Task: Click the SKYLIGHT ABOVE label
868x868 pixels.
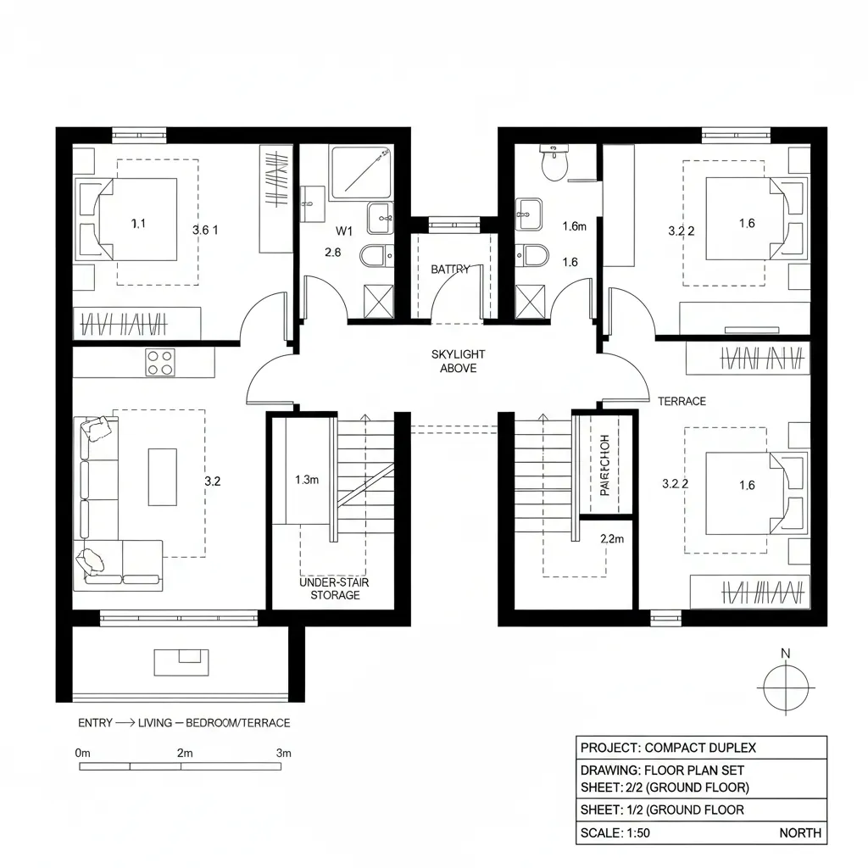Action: click(458, 361)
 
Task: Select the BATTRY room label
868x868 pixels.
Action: click(450, 270)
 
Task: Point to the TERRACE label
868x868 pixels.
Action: click(682, 401)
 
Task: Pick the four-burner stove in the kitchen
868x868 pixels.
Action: click(159, 362)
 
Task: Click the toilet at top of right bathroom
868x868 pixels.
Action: click(554, 163)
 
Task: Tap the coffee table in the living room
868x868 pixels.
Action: click(163, 476)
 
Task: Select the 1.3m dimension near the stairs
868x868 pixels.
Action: click(307, 480)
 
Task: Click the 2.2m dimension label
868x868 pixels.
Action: click(612, 538)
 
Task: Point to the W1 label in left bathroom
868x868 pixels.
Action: click(343, 231)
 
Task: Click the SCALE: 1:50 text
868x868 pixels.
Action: click(615, 832)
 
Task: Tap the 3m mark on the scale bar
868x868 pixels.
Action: click(283, 753)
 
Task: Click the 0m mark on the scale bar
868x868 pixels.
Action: click(82, 753)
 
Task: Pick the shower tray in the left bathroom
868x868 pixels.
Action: click(361, 172)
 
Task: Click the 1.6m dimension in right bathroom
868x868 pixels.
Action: click(575, 226)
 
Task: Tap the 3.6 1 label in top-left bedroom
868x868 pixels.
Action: click(206, 230)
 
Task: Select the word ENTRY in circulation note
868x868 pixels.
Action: click(95, 723)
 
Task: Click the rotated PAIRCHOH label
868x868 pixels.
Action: click(604, 465)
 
